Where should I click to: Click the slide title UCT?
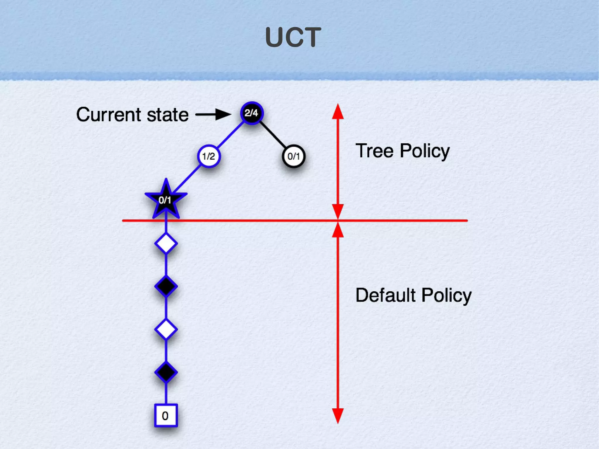(293, 37)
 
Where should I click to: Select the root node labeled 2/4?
(252, 113)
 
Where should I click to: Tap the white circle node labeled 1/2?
(209, 156)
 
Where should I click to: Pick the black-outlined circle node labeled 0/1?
(294, 156)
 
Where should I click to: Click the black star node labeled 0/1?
(166, 200)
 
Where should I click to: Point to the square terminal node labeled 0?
(166, 415)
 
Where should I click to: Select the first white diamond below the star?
(166, 243)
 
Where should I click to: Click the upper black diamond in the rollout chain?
(166, 286)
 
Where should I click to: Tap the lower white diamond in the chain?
(166, 329)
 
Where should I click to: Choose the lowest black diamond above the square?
(166, 372)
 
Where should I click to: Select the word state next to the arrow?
(168, 115)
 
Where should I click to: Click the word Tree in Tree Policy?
(374, 151)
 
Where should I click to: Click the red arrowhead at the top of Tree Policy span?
(338, 111)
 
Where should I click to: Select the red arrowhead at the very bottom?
(338, 416)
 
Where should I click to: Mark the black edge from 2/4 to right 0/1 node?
(273, 135)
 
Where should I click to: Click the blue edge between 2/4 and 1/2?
(230, 135)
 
